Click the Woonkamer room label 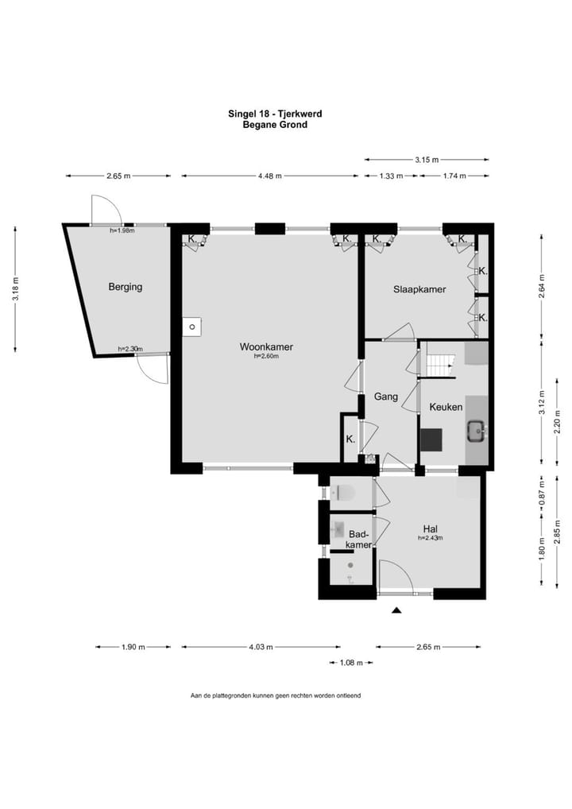pyautogui.click(x=266, y=346)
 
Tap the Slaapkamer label pyautogui.click(x=419, y=289)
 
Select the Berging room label pyautogui.click(x=125, y=287)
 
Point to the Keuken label pyautogui.click(x=446, y=407)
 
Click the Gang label pyautogui.click(x=386, y=397)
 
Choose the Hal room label pyautogui.click(x=430, y=528)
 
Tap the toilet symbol pyautogui.click(x=343, y=494)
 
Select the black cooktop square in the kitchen pyautogui.click(x=431, y=440)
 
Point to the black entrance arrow pyautogui.click(x=396, y=610)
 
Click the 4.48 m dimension pyautogui.click(x=270, y=176)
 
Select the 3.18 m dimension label pyautogui.click(x=16, y=289)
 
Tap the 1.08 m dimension pyautogui.click(x=351, y=663)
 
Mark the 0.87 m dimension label pyautogui.click(x=542, y=494)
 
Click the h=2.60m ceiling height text pyautogui.click(x=266, y=356)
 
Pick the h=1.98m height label pyautogui.click(x=122, y=230)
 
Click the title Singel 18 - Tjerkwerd pyautogui.click(x=276, y=114)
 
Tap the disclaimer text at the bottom pyautogui.click(x=276, y=695)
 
